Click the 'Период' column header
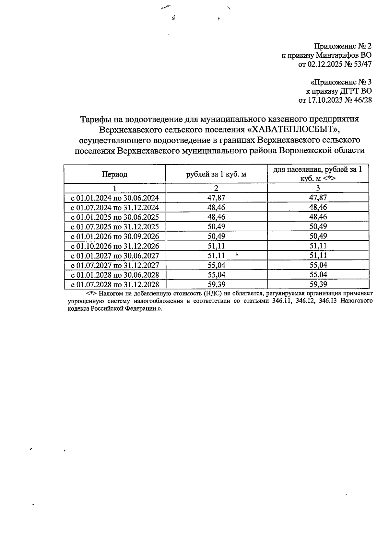coord(115,175)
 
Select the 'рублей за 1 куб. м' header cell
coord(216,175)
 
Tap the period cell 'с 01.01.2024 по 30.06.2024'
coord(115,198)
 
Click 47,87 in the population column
coord(318,198)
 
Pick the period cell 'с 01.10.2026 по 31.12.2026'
coord(115,246)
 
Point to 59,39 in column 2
coord(216,284)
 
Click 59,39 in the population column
coord(318,284)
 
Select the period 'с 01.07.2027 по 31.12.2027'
coord(115,265)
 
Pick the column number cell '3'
coord(318,188)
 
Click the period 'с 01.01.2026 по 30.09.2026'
coord(115,236)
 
